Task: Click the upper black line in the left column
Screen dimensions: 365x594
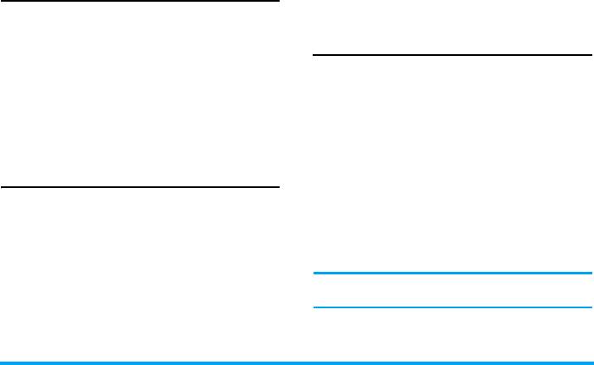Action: point(140,2)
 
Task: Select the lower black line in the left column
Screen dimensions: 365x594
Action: point(140,186)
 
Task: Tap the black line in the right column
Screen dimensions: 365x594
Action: point(452,56)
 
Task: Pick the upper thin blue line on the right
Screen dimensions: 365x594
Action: point(452,274)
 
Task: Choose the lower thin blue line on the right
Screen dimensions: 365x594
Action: point(452,307)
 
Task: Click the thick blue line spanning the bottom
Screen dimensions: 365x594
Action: point(297,363)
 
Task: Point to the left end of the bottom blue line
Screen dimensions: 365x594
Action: point(3,363)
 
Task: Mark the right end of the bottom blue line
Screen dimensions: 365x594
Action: point(591,363)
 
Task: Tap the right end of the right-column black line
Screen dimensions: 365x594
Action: point(591,56)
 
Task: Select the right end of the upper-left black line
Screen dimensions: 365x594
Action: point(277,2)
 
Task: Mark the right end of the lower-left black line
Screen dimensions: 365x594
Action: point(277,186)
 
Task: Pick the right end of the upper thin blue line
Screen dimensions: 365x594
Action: point(591,274)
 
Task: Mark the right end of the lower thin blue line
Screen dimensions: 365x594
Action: point(591,307)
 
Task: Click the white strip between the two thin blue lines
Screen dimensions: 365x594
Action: point(452,290)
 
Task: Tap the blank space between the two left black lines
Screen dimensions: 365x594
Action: point(140,94)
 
